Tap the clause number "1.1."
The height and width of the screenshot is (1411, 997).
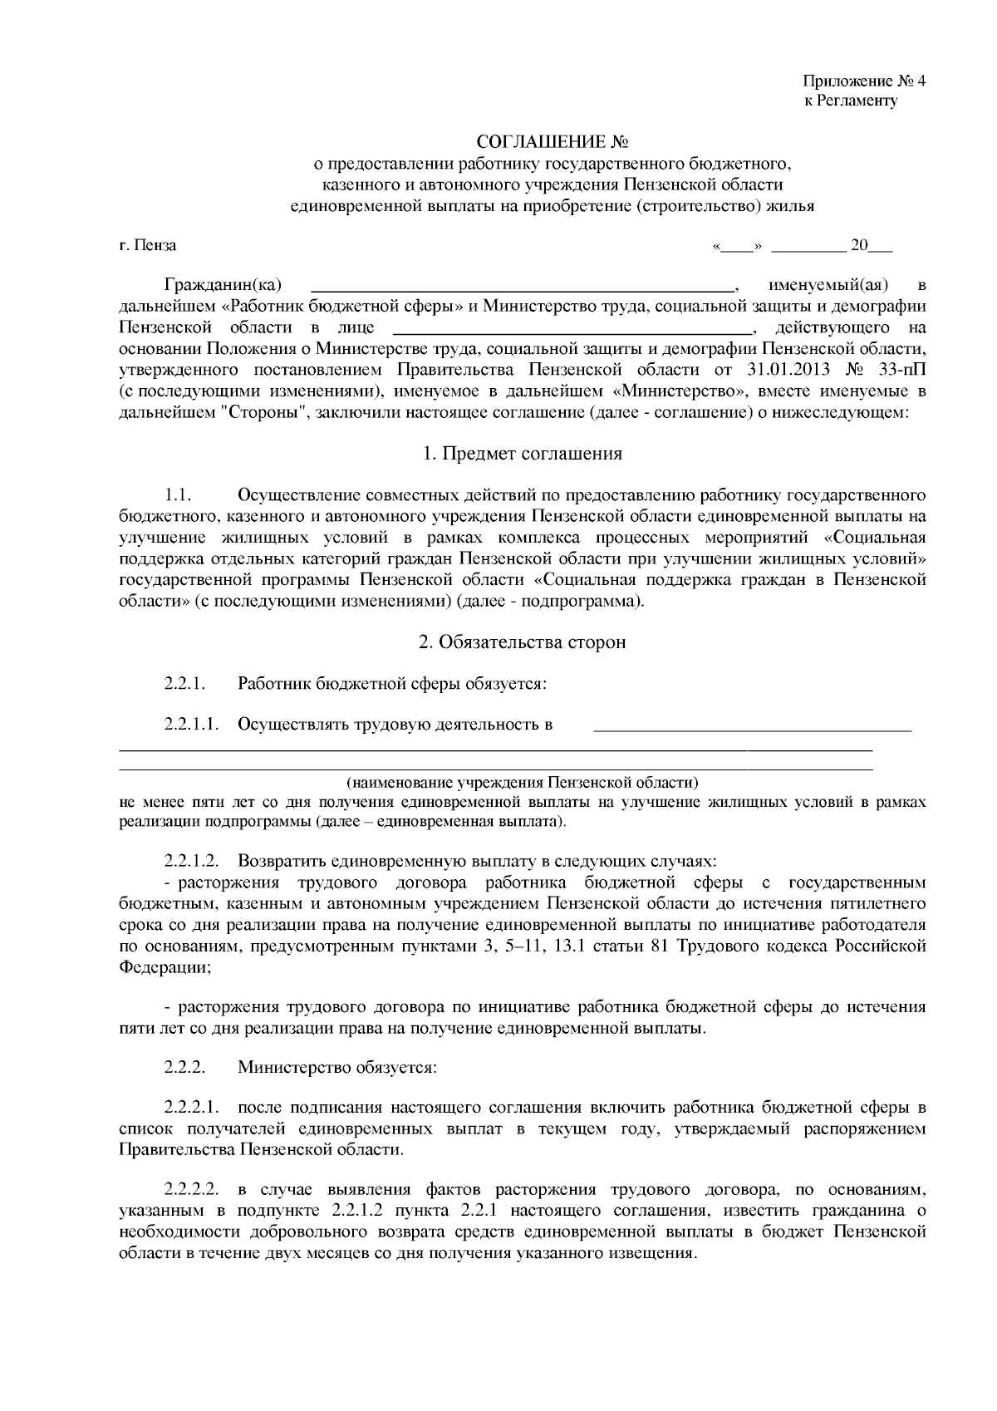[178, 496]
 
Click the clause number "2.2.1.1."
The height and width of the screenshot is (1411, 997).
[192, 724]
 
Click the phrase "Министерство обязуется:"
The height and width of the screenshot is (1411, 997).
[336, 1067]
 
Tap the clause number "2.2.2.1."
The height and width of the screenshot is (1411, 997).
[192, 1108]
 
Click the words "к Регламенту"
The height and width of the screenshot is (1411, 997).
[851, 101]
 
